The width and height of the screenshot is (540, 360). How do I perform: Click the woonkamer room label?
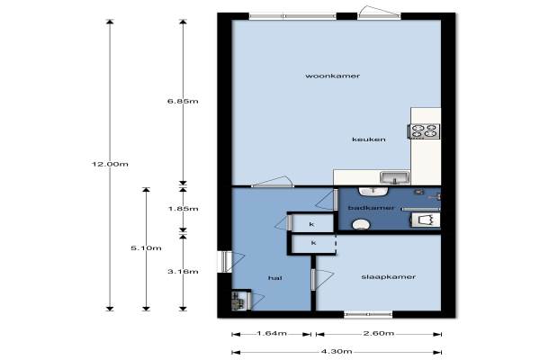332,76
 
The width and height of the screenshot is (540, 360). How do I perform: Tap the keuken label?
369,139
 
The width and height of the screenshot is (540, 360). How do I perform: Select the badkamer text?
371,208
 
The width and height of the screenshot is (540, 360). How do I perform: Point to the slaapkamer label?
388,277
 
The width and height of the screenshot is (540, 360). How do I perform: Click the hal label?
274,278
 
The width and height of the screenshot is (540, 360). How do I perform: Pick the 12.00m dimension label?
110,164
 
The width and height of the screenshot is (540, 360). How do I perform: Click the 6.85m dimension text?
183,102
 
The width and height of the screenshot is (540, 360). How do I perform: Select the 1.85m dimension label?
183,209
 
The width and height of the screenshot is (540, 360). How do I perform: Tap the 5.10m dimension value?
146,248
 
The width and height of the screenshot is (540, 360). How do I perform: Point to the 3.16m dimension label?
183,272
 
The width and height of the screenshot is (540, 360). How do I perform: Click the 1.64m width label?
272,334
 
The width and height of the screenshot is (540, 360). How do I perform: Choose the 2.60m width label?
379,334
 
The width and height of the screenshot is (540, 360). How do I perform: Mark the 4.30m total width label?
337,352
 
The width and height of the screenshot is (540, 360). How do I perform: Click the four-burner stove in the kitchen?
424,130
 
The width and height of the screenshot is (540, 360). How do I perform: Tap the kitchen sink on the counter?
395,178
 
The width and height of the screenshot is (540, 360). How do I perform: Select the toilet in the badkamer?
361,225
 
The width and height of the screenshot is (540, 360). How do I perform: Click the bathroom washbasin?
373,191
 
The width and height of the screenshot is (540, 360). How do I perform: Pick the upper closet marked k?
312,223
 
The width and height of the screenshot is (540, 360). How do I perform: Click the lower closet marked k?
313,244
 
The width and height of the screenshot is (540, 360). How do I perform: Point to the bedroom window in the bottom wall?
368,314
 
